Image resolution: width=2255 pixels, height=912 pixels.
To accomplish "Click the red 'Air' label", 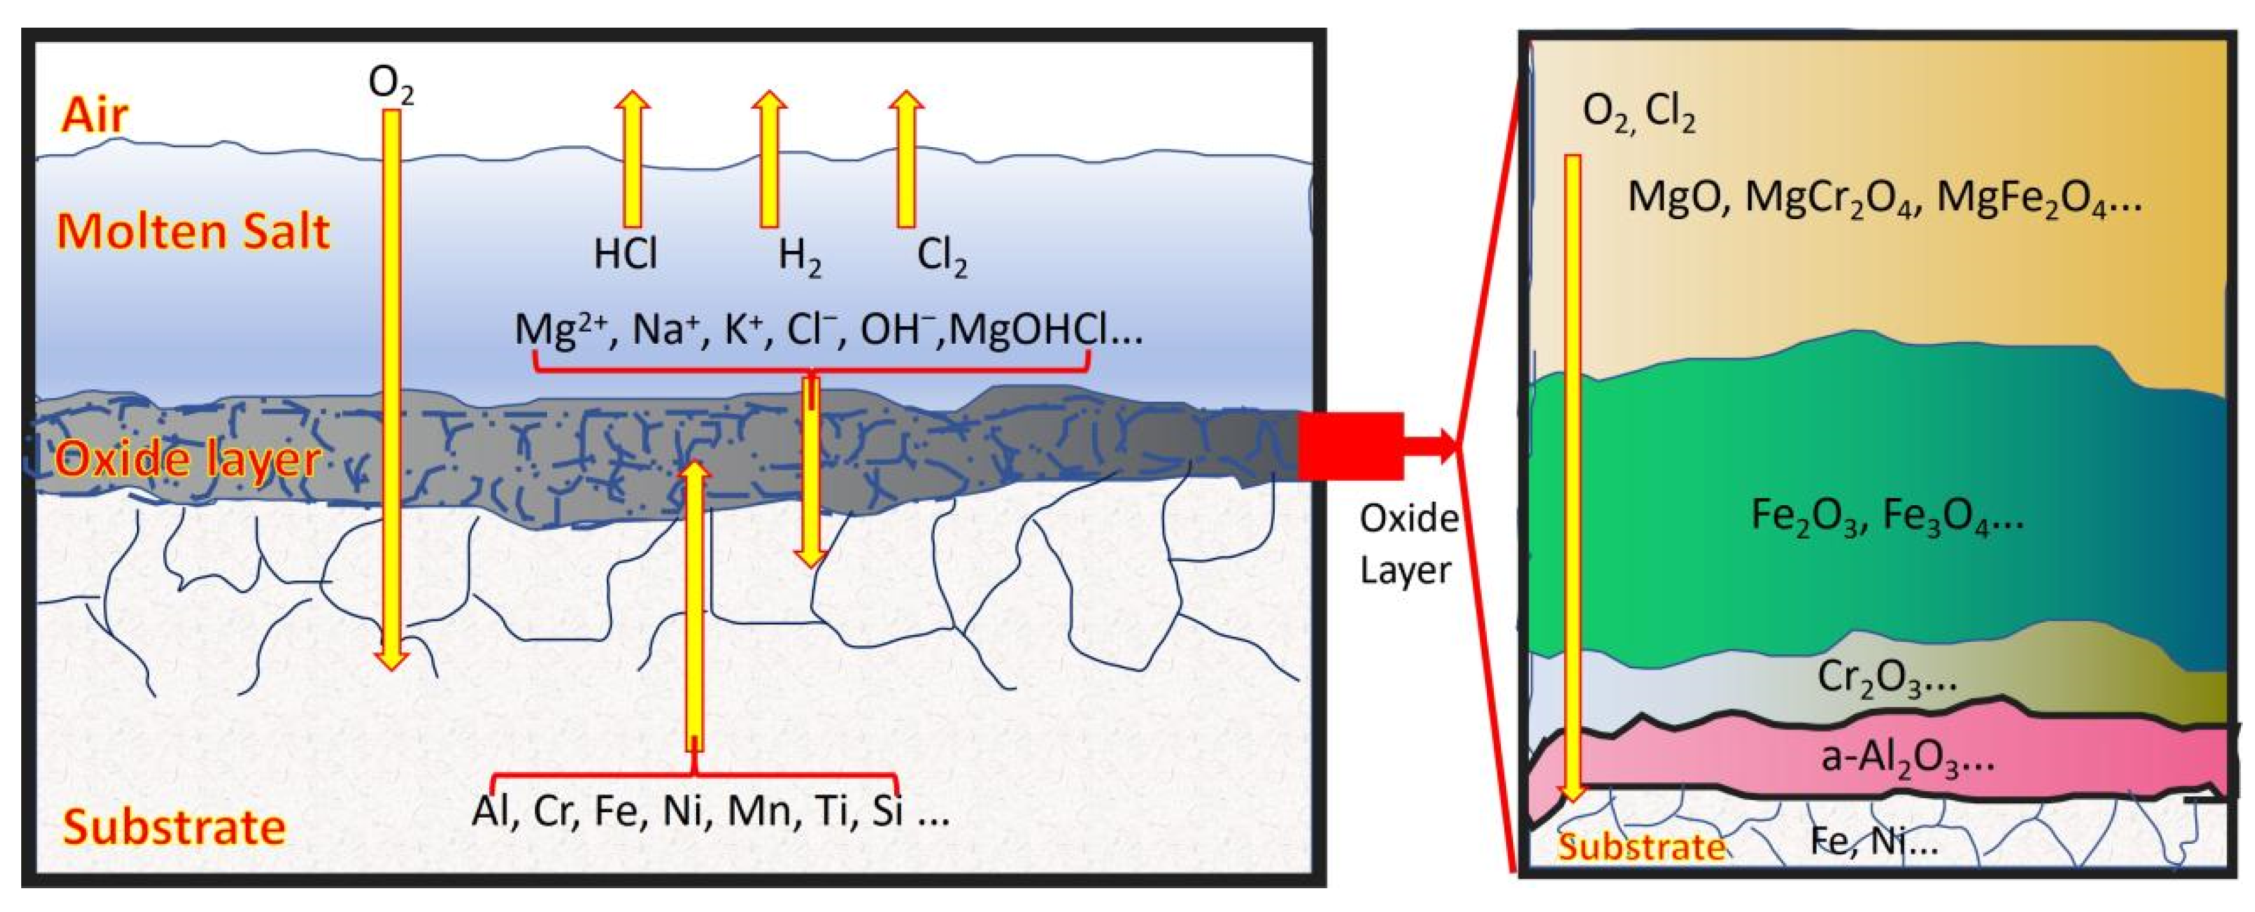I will click(94, 114).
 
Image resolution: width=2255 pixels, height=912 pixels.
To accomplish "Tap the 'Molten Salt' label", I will click(193, 231).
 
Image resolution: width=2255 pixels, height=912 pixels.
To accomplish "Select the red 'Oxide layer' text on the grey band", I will click(186, 459).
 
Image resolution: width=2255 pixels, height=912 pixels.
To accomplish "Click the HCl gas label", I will click(625, 255).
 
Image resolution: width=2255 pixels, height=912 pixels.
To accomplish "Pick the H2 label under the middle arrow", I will click(799, 256).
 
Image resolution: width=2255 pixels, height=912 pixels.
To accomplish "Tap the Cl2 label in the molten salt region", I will click(941, 256).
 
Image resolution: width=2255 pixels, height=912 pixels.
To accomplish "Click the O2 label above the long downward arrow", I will click(390, 85).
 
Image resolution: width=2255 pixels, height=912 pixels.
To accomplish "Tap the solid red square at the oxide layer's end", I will click(1350, 447).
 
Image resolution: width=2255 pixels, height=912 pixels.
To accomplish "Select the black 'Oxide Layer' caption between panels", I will click(1408, 544).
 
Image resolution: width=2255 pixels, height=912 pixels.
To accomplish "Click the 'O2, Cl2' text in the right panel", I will click(1639, 114).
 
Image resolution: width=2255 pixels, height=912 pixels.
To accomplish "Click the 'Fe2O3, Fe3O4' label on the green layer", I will click(1887, 516).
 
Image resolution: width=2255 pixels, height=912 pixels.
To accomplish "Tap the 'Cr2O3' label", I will click(1887, 677).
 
